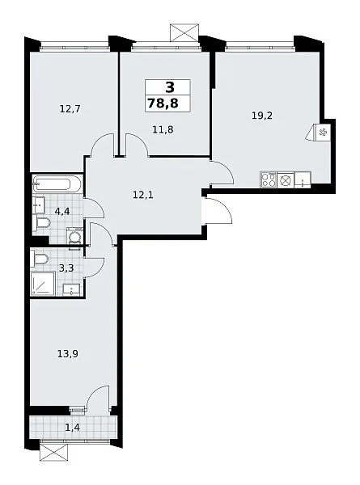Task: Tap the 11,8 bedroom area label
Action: (163, 129)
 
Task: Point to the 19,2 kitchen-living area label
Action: (261, 116)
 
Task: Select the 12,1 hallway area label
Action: (143, 195)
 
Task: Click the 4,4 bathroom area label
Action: (62, 211)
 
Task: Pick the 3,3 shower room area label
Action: (66, 268)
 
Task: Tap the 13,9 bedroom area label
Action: (68, 353)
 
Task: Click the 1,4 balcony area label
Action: (73, 428)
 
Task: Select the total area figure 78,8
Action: (163, 103)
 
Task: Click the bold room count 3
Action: (170, 87)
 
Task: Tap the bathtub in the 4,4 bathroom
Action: (57, 184)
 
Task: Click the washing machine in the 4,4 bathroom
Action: (74, 236)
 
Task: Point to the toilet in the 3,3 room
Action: (39, 259)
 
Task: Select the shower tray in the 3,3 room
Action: (44, 284)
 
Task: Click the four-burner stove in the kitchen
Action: (269, 179)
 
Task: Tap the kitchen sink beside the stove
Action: (303, 179)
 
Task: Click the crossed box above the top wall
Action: (184, 32)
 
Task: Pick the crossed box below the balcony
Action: (54, 453)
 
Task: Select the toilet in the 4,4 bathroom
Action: (41, 223)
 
